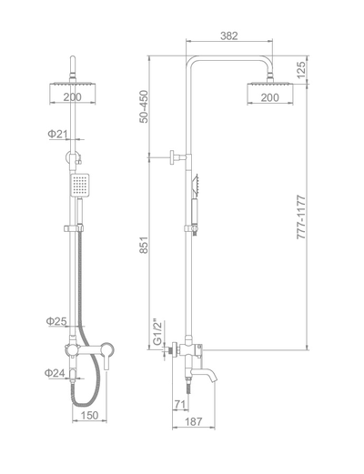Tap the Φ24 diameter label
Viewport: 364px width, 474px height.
pos(56,371)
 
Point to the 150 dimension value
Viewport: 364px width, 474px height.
pos(89,416)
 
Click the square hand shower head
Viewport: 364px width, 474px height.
pos(80,187)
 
